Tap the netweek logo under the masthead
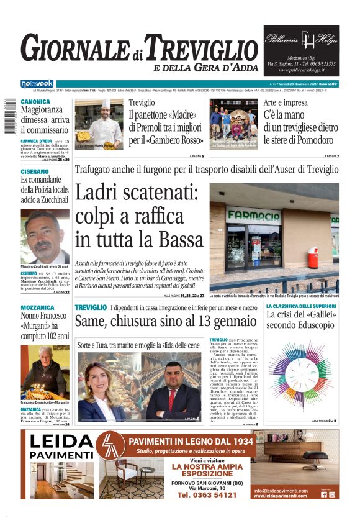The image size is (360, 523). point(37,84)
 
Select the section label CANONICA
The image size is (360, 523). point(35,102)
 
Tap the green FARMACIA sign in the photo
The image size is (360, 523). point(253,217)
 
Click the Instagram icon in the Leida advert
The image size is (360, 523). point(332,494)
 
